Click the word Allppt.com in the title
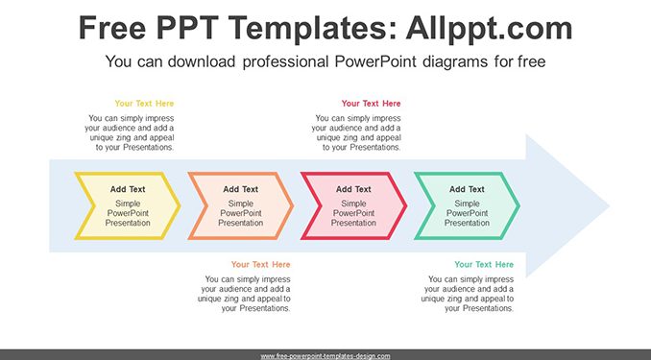(489, 28)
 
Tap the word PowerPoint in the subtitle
(375, 61)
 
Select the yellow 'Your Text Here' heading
(144, 104)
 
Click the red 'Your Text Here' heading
(372, 104)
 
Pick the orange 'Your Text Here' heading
(261, 265)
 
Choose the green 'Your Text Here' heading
(484, 265)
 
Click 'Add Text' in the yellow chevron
(128, 189)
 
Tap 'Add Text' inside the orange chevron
(241, 189)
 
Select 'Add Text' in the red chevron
(353, 189)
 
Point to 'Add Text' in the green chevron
(467, 189)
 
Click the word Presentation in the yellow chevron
(128, 223)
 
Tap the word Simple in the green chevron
(467, 204)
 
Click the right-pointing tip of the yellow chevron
(181, 205)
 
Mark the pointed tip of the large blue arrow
(609, 205)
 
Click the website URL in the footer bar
(325, 356)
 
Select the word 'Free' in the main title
(112, 28)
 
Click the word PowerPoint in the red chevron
(353, 213)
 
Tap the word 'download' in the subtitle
(202, 61)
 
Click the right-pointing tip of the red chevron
(406, 205)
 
